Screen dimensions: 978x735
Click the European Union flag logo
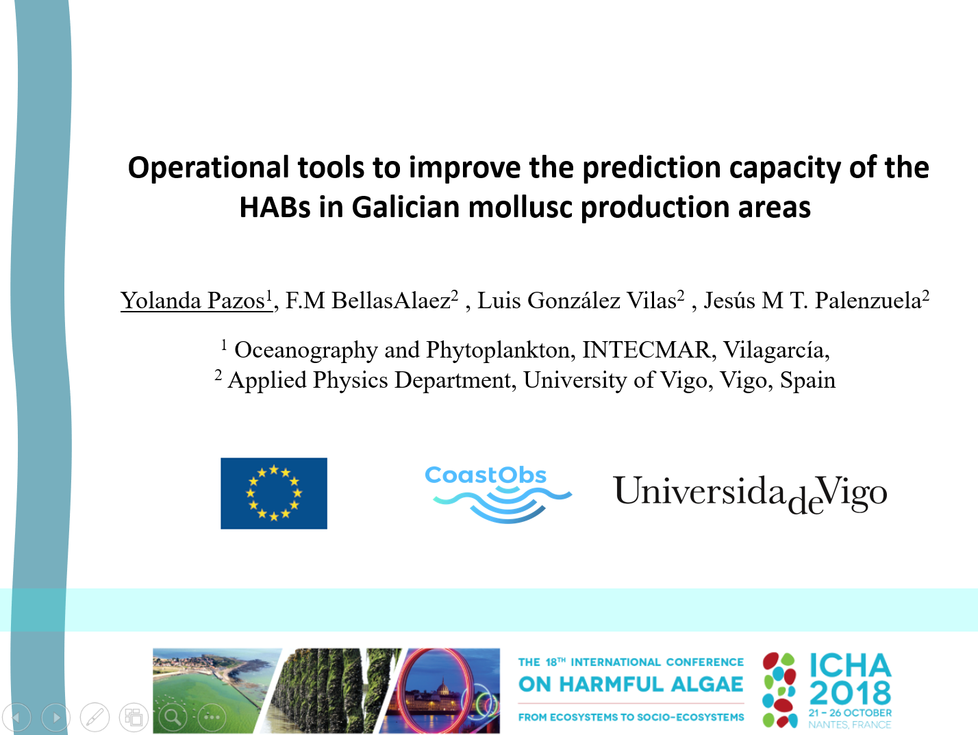(x=273, y=493)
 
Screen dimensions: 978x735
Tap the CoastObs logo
(x=498, y=494)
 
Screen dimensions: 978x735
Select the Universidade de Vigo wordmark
(x=750, y=494)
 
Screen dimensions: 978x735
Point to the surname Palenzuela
(x=868, y=300)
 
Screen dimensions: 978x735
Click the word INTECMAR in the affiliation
(x=646, y=349)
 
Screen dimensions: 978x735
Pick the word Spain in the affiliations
(x=807, y=380)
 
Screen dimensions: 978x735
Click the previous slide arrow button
(x=17, y=717)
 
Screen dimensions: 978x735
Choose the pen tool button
(x=95, y=717)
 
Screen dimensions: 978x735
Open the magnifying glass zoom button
(x=173, y=717)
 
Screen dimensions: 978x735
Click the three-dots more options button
(x=212, y=717)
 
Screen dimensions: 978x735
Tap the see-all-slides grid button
(x=134, y=717)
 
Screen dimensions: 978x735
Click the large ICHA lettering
(x=850, y=666)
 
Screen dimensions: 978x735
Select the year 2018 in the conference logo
(x=850, y=693)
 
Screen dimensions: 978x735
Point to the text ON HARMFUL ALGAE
(x=631, y=685)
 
